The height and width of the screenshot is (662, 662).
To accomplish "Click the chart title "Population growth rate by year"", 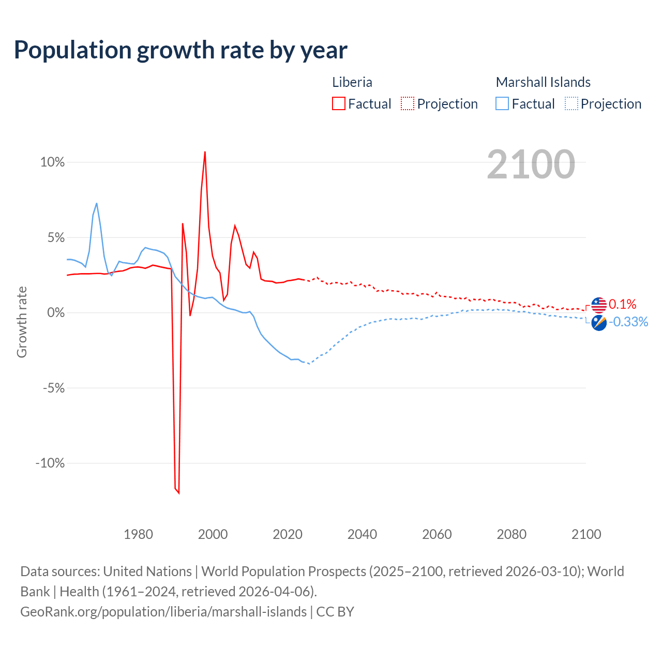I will pyautogui.click(x=180, y=50).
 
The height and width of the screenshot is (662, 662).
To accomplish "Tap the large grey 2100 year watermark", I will pyautogui.click(x=531, y=164).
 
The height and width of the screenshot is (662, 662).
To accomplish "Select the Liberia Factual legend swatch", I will pyautogui.click(x=339, y=103).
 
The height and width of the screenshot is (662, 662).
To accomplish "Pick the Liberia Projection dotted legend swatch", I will pyautogui.click(x=408, y=103).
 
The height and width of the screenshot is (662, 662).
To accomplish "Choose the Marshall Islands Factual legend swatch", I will pyautogui.click(x=502, y=103).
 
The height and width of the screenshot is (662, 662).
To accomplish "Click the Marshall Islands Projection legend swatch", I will pyautogui.click(x=571, y=103).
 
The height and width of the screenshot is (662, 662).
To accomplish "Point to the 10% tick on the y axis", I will pyautogui.click(x=53, y=162).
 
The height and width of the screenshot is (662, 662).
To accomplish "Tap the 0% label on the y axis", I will pyautogui.click(x=56, y=313).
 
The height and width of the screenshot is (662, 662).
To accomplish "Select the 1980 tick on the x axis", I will pyautogui.click(x=138, y=534).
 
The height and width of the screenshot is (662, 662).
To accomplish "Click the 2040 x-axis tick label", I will pyautogui.click(x=362, y=534).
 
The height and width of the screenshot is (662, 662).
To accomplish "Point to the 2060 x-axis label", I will pyautogui.click(x=437, y=534).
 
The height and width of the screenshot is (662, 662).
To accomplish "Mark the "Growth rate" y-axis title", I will pyautogui.click(x=22, y=322).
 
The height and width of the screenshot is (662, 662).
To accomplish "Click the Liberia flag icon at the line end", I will pyautogui.click(x=599, y=305).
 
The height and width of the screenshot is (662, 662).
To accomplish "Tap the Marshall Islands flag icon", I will pyautogui.click(x=599, y=323).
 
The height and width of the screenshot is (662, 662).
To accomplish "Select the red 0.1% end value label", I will pyautogui.click(x=622, y=304).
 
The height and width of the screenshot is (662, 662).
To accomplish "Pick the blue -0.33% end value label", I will pyautogui.click(x=628, y=322).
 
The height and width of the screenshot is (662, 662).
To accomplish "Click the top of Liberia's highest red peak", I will pyautogui.click(x=205, y=152).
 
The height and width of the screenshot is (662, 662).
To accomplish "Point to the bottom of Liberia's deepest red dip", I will pyautogui.click(x=179, y=493).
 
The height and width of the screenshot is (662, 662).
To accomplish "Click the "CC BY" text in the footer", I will pyautogui.click(x=335, y=612).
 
